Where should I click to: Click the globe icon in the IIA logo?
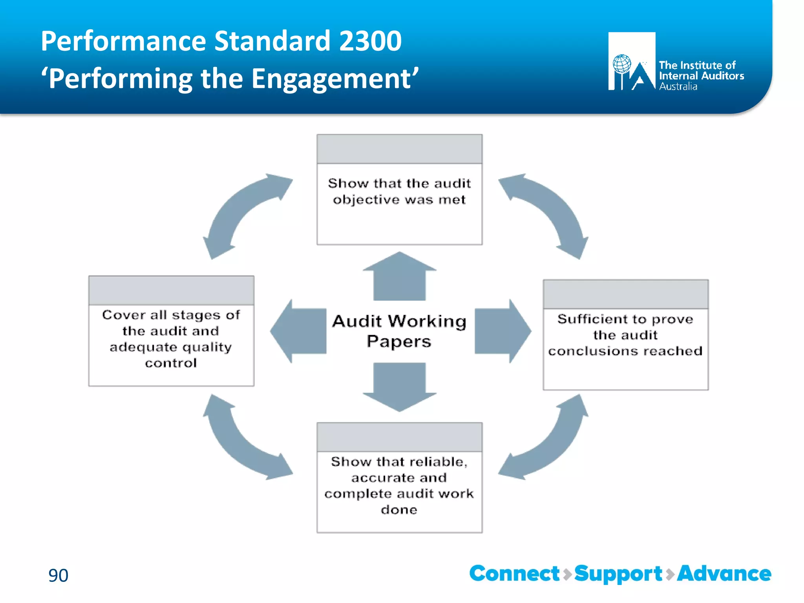(x=622, y=64)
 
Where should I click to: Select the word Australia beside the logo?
(x=678, y=87)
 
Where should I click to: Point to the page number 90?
(x=58, y=575)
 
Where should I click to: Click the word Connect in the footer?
(x=514, y=574)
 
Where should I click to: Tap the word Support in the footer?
(x=618, y=574)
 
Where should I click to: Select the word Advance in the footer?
(x=724, y=574)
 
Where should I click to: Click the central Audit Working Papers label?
(x=399, y=331)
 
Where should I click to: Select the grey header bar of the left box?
(x=171, y=291)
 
